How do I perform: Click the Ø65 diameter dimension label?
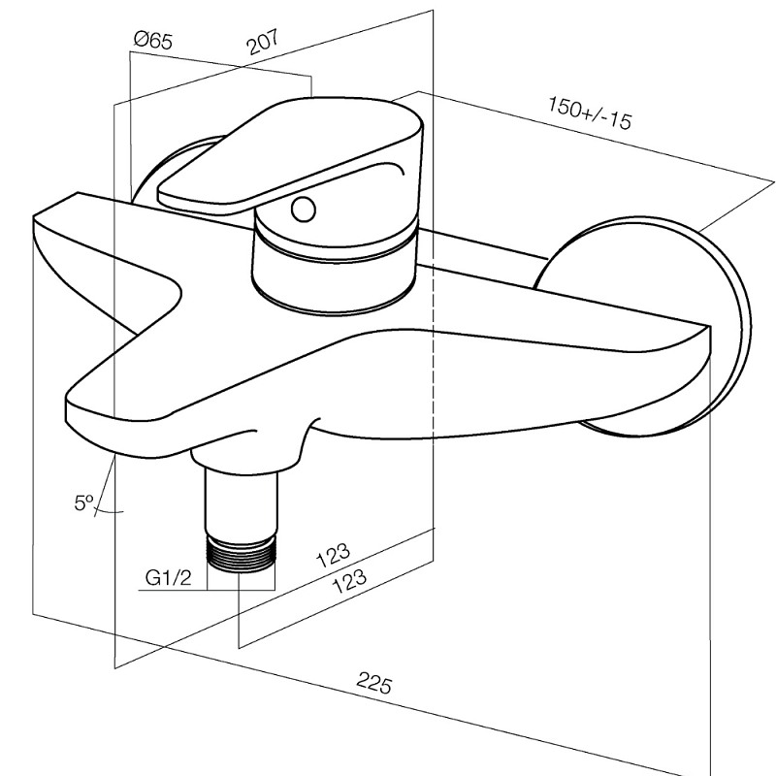153,41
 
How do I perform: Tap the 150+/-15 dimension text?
589,114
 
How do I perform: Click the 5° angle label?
83,501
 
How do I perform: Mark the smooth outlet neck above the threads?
242,500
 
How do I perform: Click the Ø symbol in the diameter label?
142,41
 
